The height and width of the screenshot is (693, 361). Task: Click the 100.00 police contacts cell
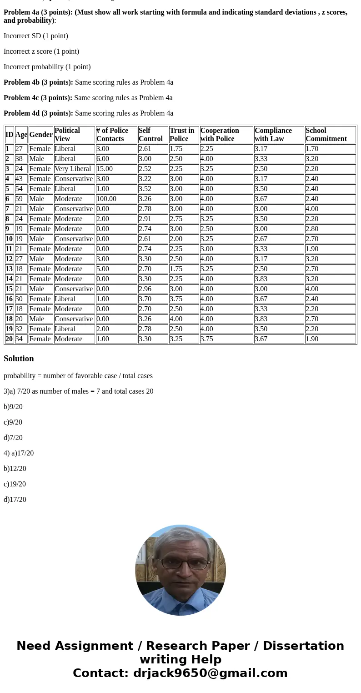coord(106,199)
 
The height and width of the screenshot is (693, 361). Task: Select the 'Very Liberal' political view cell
coord(73,169)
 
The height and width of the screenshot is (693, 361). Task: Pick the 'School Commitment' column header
coord(326,135)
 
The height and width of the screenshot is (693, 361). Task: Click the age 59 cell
coord(19,199)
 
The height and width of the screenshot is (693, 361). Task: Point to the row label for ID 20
coord(9,339)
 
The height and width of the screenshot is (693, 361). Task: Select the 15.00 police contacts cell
coord(105,169)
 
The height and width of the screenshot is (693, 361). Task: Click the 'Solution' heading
coord(19,359)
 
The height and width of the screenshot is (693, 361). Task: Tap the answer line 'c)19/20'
coord(15,484)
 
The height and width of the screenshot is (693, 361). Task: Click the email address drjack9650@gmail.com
coord(210,673)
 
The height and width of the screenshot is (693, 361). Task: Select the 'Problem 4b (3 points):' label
coord(38,82)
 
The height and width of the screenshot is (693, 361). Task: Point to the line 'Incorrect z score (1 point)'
coord(41,51)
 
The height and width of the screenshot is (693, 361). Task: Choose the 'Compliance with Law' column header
coord(273,135)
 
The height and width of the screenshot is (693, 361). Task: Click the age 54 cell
coord(19,189)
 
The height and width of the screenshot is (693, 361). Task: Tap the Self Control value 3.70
coord(145,299)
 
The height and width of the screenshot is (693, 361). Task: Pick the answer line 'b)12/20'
coord(15,469)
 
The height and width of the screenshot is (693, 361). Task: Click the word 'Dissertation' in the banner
coord(303,646)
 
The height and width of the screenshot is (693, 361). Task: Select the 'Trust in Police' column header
coord(182,135)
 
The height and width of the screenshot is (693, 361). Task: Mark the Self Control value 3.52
coord(145,189)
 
